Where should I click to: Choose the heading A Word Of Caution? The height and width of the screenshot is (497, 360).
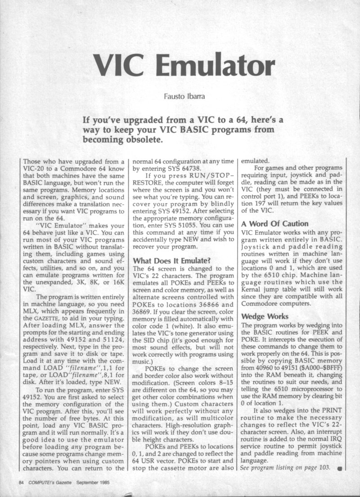click(x=275, y=224)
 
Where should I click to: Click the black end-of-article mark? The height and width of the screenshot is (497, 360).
click(x=339, y=470)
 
